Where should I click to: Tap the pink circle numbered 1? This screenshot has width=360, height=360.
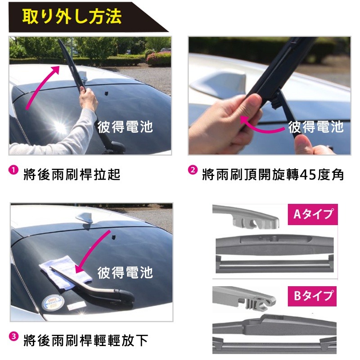pyautogui.click(x=13, y=170)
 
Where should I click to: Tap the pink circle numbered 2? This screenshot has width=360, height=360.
pyautogui.click(x=192, y=170)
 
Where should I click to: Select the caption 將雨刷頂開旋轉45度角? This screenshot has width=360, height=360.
pyautogui.click(x=273, y=175)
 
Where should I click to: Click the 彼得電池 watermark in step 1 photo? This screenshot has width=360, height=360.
pyautogui.click(x=125, y=127)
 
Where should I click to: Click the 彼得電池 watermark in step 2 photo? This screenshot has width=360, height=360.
pyautogui.click(x=316, y=127)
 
